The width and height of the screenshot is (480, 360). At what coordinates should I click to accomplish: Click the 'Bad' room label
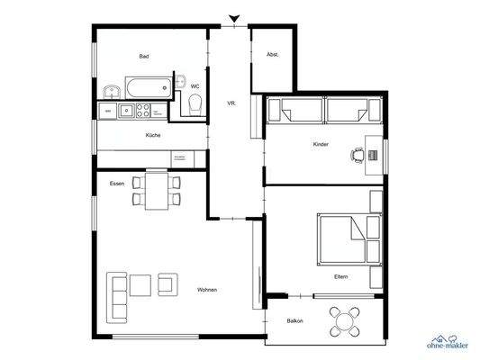coord(143,56)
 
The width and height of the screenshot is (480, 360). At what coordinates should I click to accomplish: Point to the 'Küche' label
coord(152,135)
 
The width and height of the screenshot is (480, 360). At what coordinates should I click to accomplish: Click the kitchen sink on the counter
coord(126,112)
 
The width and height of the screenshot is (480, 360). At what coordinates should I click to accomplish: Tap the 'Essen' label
coord(116,183)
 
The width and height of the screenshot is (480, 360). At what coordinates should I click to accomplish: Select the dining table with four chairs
coord(157,190)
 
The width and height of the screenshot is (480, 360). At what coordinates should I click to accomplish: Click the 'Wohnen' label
coord(207,289)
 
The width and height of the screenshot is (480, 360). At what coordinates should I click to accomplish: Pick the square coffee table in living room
coord(141,285)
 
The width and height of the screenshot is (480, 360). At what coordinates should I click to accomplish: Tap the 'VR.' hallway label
coord(231,104)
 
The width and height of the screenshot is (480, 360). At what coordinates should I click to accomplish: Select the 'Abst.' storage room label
coord(272,55)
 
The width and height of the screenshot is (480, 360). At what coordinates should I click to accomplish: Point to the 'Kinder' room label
coord(321,144)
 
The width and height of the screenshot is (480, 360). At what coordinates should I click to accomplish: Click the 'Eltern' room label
coord(340,276)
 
